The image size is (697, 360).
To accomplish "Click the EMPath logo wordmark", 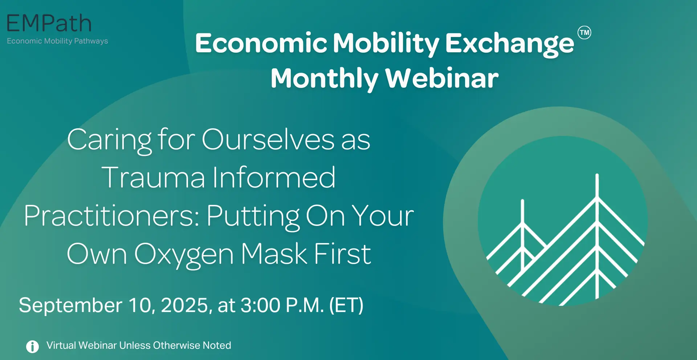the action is (x=49, y=24).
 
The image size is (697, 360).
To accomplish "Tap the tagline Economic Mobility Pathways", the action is (x=57, y=41).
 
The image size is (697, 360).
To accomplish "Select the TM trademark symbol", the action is (x=584, y=33).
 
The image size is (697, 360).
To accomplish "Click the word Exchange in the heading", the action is (x=510, y=44).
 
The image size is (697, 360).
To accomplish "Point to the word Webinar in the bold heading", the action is (x=442, y=78).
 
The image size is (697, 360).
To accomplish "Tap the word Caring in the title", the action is (x=109, y=141).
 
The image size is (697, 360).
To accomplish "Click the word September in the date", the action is (x=70, y=306).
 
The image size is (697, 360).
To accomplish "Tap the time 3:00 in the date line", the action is (x=261, y=305).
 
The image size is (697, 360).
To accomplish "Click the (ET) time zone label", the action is (x=346, y=306).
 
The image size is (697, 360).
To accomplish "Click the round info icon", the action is (x=32, y=347).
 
